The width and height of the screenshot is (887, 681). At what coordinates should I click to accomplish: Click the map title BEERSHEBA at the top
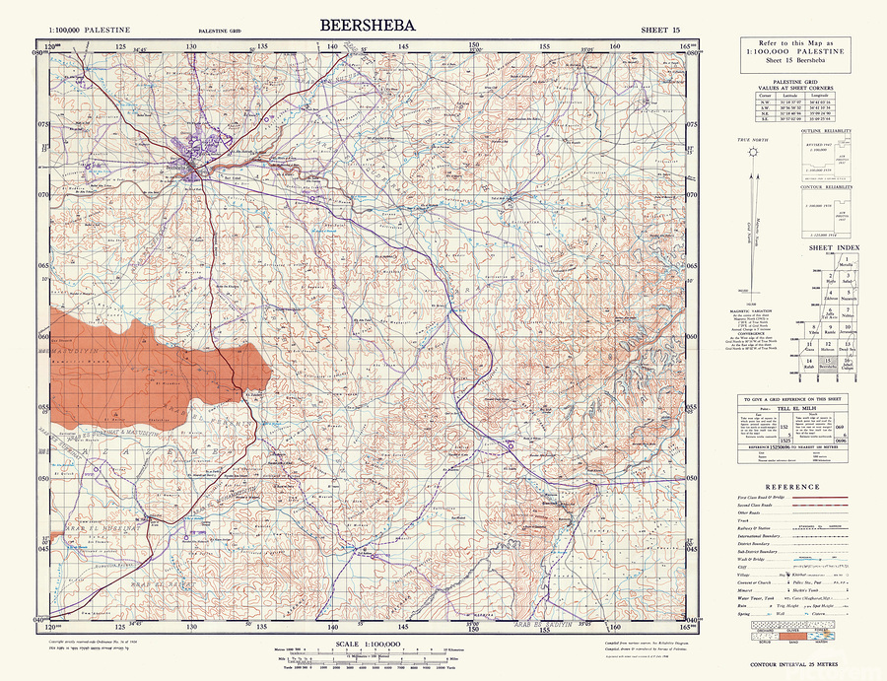point(368,26)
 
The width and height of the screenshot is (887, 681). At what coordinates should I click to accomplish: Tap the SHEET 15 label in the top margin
point(659,31)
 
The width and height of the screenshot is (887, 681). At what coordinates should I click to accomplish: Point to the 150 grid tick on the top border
point(474,46)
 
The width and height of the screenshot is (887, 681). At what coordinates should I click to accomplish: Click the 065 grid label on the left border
point(42,266)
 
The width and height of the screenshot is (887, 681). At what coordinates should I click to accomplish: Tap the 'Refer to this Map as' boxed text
point(793,43)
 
